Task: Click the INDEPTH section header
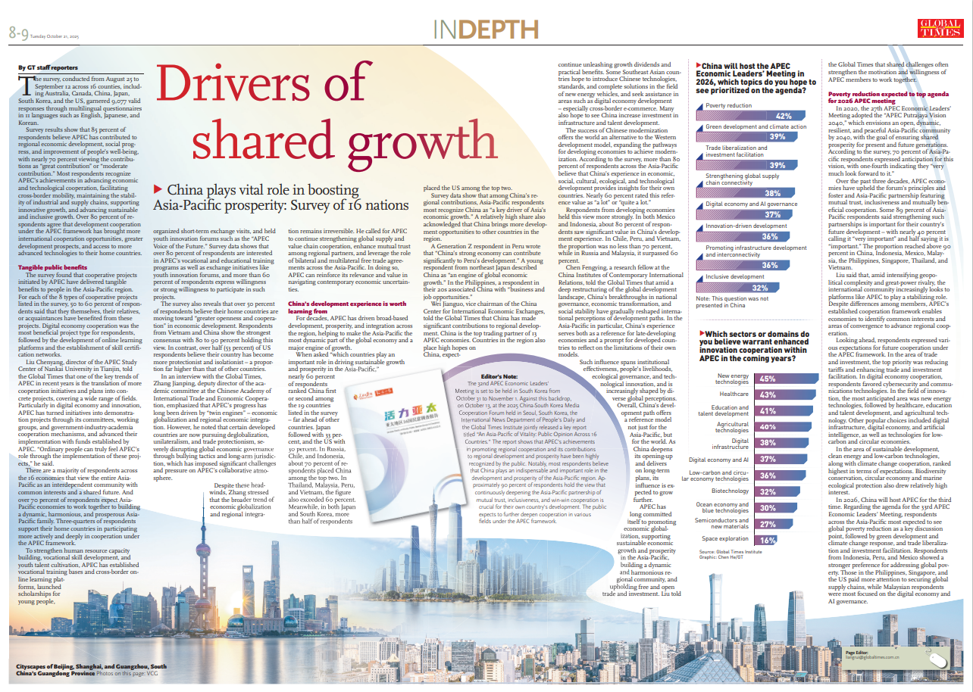(486, 30)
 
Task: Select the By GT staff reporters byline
(47, 68)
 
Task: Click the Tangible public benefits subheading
(52, 267)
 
